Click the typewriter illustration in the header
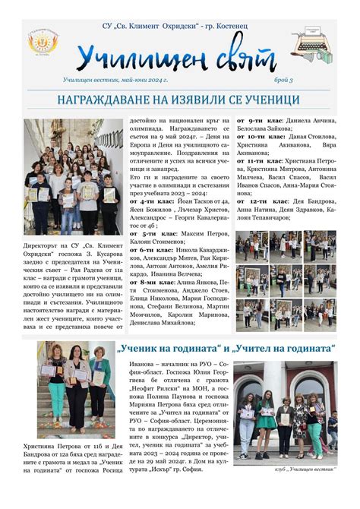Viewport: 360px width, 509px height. coord(320,42)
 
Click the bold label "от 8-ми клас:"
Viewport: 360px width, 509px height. coord(151,280)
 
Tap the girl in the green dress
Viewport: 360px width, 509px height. coord(267,415)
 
